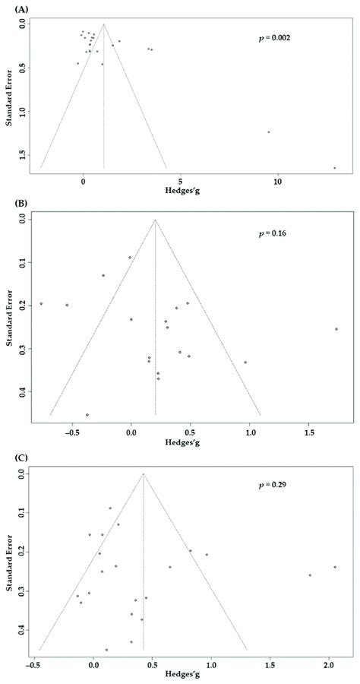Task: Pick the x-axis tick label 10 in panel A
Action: (278, 182)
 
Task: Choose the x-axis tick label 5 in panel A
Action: (180, 182)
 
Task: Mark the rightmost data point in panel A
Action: (334, 168)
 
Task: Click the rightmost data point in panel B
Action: (336, 329)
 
